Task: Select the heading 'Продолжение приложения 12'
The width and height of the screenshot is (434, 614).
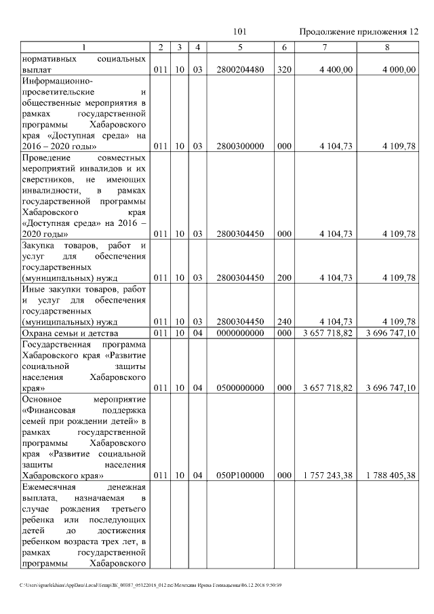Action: tap(359, 32)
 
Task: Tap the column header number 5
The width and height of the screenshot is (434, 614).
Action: tap(241, 47)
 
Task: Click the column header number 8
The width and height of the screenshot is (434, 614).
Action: tap(387, 47)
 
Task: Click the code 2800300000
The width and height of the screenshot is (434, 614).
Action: tap(241, 146)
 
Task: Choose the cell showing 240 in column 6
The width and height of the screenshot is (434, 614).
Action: tap(284, 321)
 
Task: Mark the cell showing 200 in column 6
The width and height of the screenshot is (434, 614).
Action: tap(284, 277)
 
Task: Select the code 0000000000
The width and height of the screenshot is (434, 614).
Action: tap(241, 333)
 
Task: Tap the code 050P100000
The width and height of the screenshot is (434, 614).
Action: tap(241, 476)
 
